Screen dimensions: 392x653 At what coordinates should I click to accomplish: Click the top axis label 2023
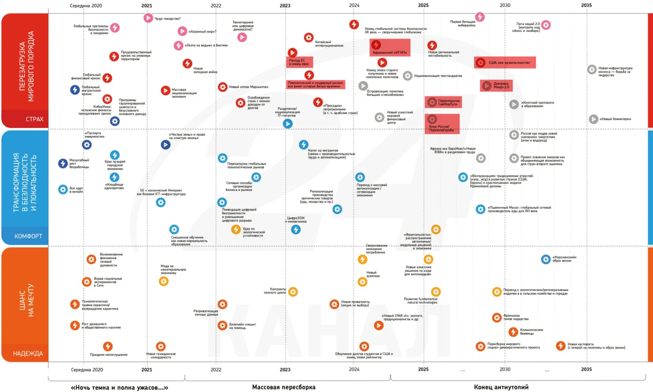285,5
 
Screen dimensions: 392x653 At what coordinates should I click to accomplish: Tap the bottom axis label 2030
505,369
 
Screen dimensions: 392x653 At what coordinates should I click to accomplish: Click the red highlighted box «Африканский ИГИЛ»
390,48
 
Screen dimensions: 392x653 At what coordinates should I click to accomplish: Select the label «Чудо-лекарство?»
168,18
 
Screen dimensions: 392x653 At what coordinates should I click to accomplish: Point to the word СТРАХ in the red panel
34,119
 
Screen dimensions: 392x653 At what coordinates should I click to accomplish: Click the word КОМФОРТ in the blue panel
28,236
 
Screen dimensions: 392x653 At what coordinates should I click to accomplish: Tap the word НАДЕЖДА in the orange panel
28,353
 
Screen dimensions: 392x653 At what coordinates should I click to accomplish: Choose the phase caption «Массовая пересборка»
284,387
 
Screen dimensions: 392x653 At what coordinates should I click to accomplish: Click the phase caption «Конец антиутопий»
501,387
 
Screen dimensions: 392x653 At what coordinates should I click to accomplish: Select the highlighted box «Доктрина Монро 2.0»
496,86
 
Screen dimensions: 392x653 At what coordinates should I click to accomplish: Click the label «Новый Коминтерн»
615,119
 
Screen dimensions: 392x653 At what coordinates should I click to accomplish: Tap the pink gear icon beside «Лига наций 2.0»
546,25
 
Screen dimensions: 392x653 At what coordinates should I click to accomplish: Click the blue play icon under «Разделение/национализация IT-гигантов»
287,124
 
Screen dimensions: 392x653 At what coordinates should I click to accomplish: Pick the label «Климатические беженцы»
531,331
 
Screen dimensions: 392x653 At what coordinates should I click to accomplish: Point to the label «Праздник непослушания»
108,354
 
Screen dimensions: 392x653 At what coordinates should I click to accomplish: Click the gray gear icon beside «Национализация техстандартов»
407,76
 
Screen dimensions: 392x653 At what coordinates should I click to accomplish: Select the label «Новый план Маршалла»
248,87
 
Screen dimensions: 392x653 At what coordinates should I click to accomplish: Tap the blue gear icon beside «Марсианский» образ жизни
545,259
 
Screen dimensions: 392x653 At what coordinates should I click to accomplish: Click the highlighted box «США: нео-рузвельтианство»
505,63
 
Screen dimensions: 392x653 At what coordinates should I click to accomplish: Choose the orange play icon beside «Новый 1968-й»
378,325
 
